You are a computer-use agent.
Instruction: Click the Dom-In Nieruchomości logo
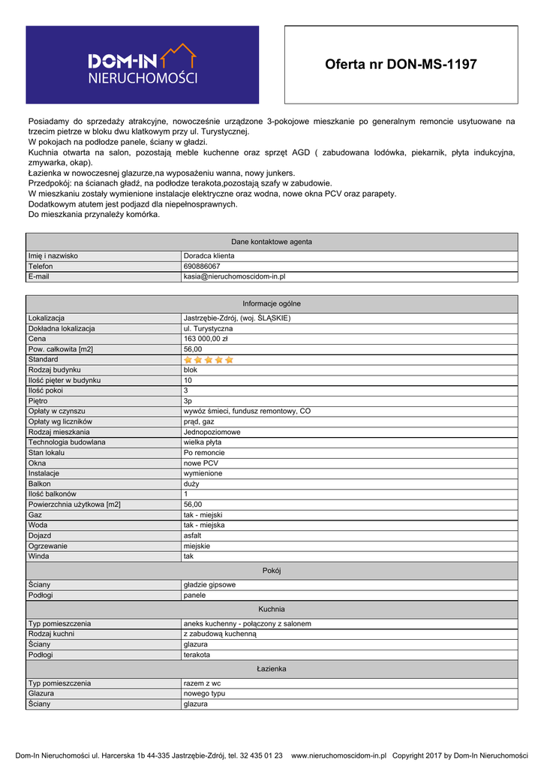[143, 65]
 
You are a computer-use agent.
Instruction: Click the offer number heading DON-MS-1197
[401, 65]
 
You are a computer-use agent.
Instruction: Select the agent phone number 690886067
[202, 267]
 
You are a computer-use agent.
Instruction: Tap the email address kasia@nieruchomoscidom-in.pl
[234, 277]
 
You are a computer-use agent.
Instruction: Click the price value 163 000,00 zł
[206, 339]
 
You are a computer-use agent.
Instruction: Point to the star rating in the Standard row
[209, 360]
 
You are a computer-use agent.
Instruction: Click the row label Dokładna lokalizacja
[62, 328]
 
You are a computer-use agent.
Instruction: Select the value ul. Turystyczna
[208, 328]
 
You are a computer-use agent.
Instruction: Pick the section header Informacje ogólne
[272, 303]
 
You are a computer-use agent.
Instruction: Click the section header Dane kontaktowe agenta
[272, 242]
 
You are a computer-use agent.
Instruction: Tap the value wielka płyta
[203, 442]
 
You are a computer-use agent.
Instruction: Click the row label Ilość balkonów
[53, 494]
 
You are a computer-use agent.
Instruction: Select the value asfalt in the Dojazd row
[193, 535]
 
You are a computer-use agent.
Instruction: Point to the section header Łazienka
[272, 668]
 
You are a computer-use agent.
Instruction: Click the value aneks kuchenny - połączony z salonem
[247, 623]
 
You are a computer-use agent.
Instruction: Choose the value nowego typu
[204, 694]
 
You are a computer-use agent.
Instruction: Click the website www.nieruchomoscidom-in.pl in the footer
[338, 755]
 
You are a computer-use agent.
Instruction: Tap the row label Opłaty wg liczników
[60, 421]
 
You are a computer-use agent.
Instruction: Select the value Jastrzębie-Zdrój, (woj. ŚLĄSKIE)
[236, 318]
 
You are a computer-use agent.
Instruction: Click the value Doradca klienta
[209, 256]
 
